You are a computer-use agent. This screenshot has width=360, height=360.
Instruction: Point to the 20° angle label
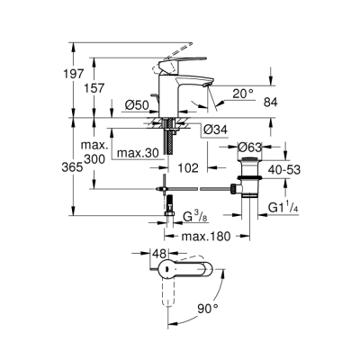[242, 91]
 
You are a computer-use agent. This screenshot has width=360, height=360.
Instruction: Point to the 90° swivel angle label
[208, 309]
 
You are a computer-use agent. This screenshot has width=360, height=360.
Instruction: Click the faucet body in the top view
[180, 271]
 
